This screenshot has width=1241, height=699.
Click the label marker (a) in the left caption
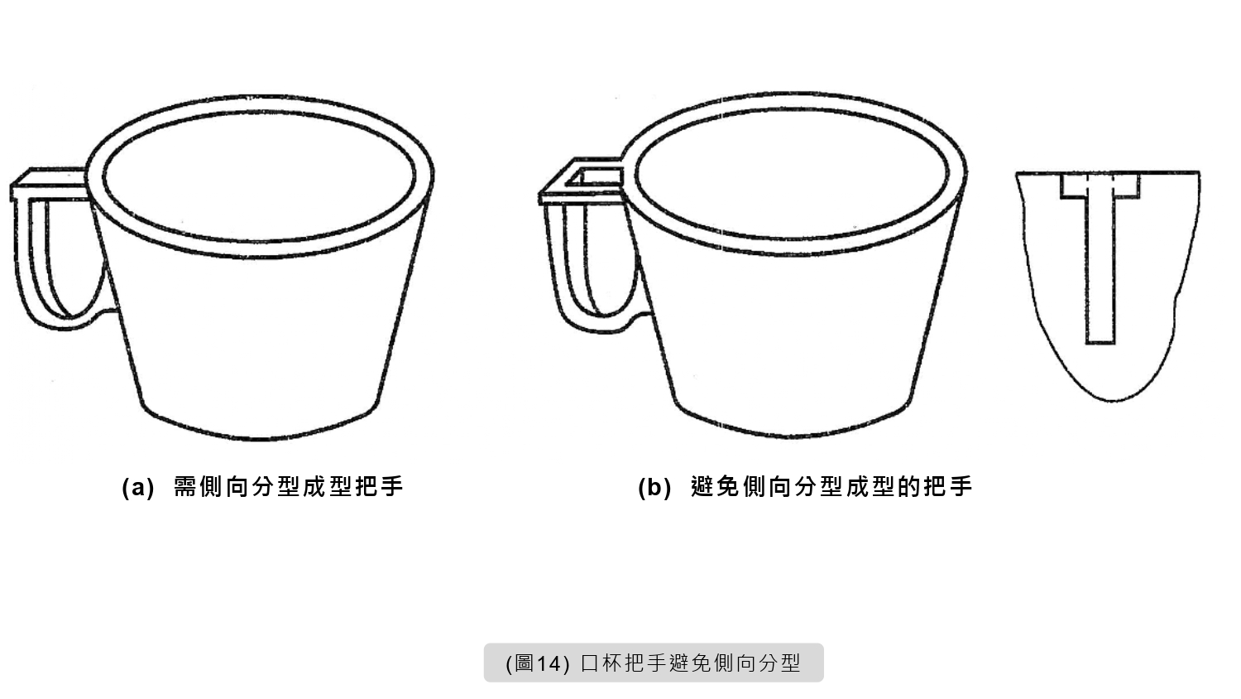coord(138,488)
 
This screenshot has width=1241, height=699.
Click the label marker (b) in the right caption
coord(654,488)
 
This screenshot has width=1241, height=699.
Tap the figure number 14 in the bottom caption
coord(549,663)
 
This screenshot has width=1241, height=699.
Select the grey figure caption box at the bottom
coord(654,663)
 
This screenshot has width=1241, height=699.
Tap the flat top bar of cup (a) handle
coord(50,184)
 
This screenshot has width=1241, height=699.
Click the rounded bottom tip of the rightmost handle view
coord(1112,399)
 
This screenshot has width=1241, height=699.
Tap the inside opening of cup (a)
coord(259,176)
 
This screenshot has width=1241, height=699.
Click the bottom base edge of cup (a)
coord(259,438)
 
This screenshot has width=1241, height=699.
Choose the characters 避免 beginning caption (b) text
coord(716,487)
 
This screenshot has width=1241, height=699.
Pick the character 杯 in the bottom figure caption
coord(611,663)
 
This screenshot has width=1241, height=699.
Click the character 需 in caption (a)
coord(185,487)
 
